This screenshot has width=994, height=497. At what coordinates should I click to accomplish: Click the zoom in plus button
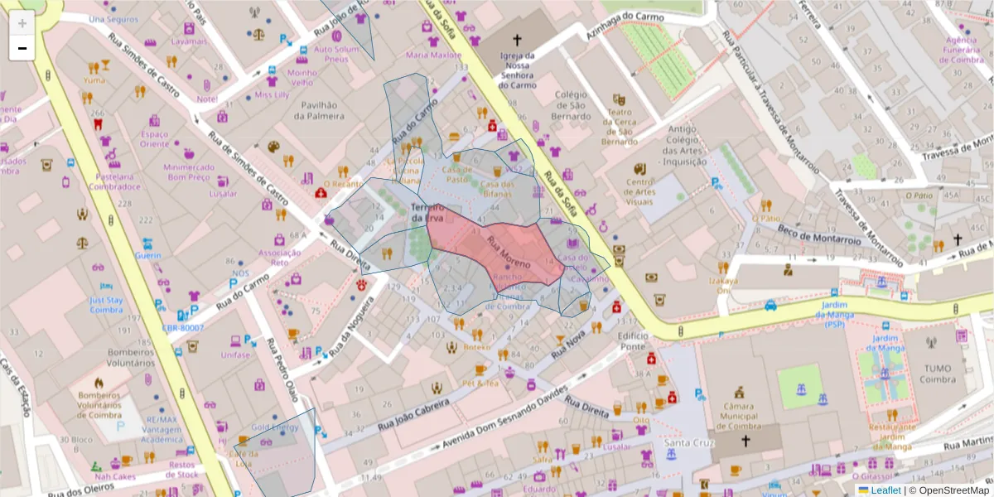[22, 22]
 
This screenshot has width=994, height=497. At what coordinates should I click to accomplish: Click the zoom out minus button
[22, 48]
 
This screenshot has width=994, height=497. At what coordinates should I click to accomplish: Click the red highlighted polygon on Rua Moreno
[497, 253]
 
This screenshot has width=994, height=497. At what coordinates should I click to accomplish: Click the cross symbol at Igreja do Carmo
[518, 39]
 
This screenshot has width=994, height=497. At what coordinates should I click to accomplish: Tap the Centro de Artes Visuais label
[639, 191]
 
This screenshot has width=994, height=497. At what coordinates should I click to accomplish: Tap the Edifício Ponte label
[631, 340]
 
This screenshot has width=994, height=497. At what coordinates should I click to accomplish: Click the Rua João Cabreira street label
[415, 412]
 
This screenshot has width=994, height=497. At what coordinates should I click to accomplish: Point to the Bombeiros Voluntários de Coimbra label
[99, 406]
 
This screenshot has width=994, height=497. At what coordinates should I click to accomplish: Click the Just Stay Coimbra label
[106, 306]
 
